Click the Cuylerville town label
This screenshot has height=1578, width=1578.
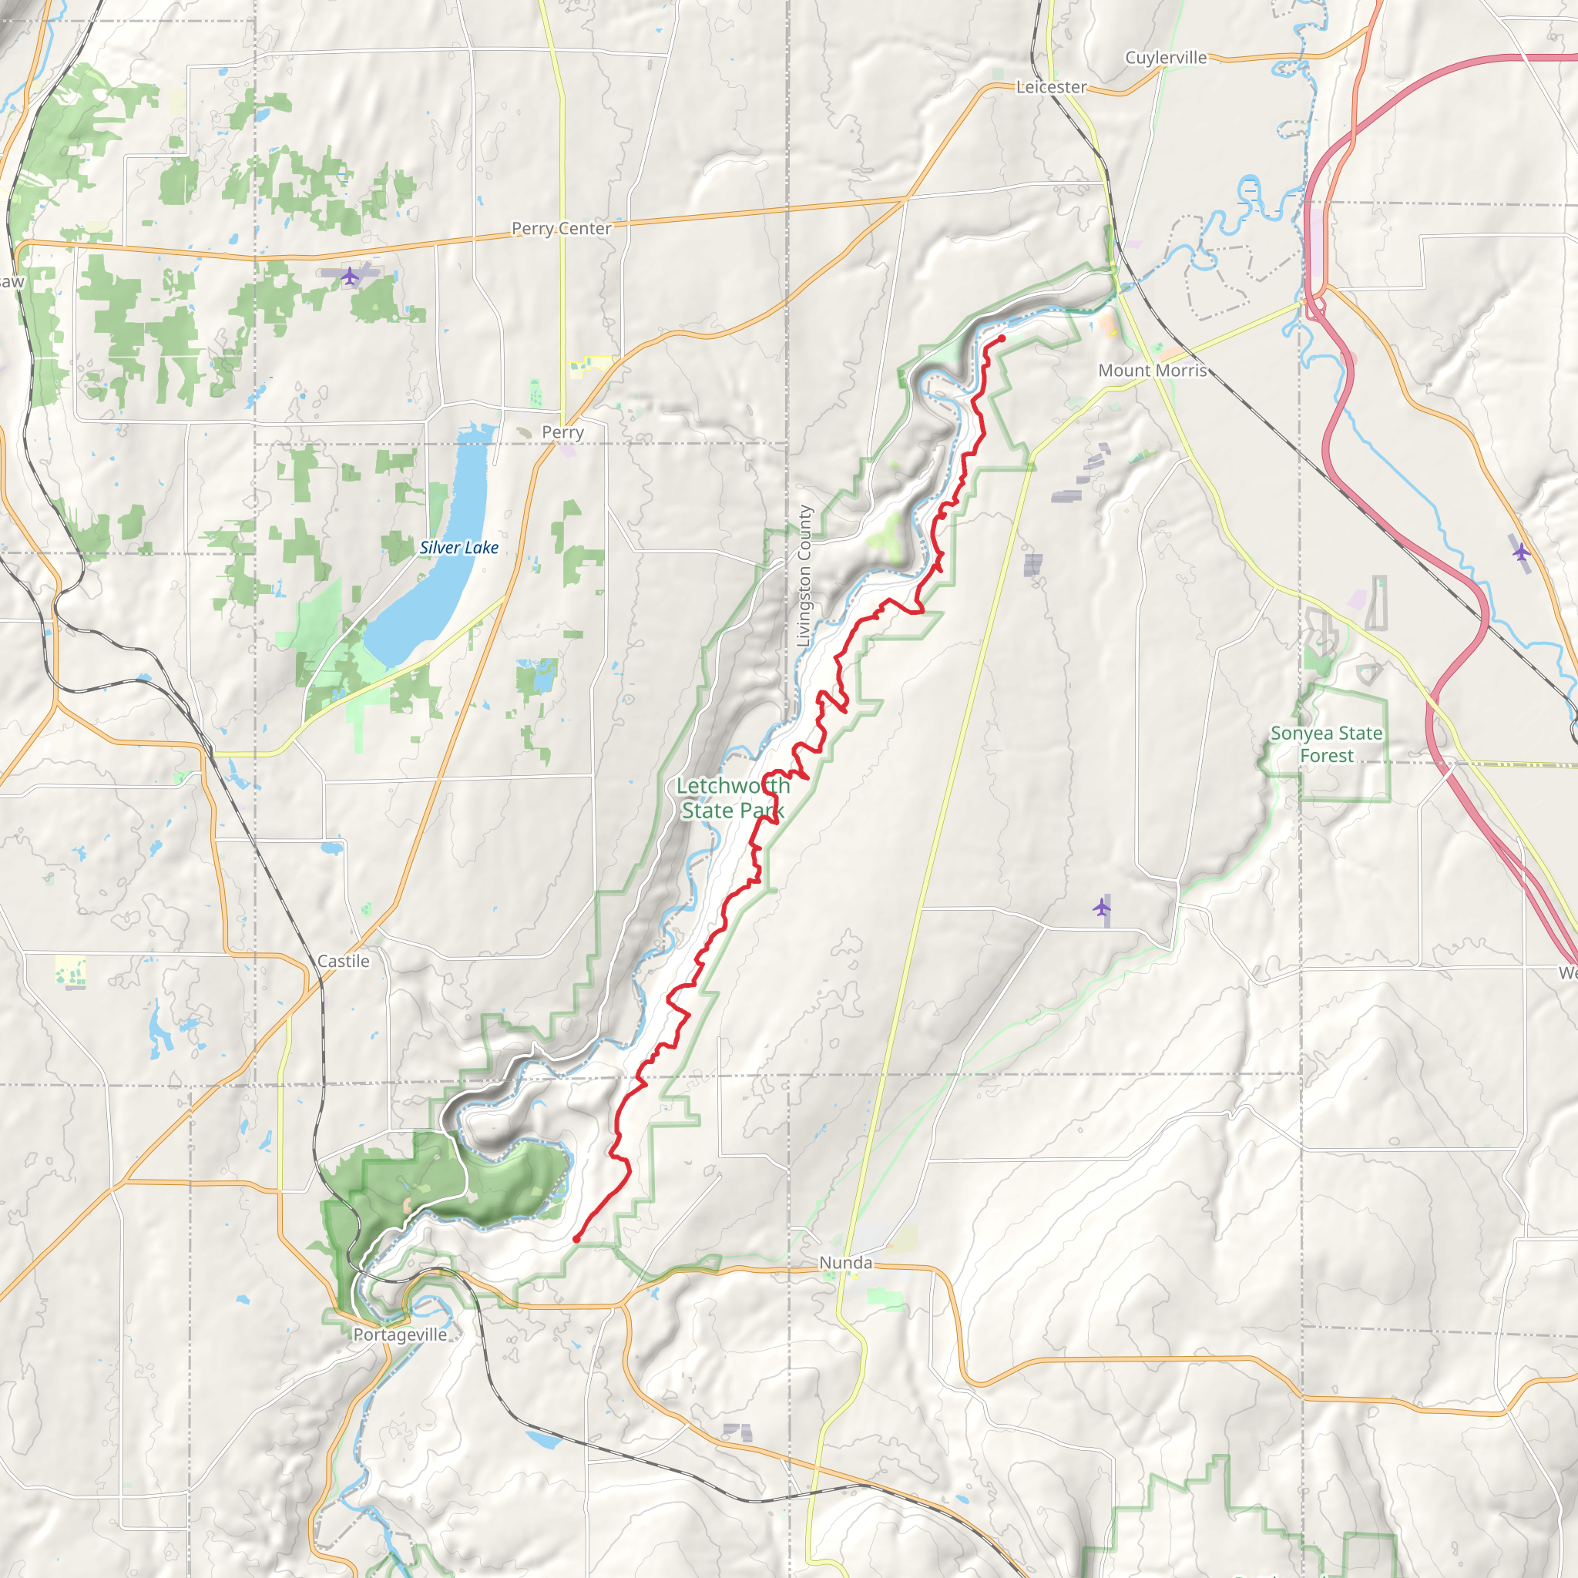click(1166, 57)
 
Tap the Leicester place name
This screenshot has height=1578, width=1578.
click(1050, 86)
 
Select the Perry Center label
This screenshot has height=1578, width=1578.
click(561, 229)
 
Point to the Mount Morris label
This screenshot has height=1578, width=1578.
click(1152, 370)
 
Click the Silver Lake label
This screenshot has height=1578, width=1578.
click(458, 547)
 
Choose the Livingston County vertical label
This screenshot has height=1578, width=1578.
click(804, 576)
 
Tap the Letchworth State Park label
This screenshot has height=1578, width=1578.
click(733, 798)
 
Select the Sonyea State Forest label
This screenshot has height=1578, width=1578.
click(1327, 744)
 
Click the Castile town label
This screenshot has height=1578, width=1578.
click(343, 962)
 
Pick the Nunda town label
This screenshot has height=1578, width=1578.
click(845, 1263)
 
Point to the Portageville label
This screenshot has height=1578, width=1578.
click(400, 1335)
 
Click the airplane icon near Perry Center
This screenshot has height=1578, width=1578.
click(350, 276)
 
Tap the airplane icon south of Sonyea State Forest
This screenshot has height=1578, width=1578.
click(1102, 907)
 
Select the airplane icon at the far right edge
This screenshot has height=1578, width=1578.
click(1520, 552)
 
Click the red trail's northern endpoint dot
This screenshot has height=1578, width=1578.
click(1002, 337)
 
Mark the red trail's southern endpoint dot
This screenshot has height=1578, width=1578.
click(576, 1239)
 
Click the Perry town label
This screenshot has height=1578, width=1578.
click(562, 432)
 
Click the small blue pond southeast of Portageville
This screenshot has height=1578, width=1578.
click(545, 1440)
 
